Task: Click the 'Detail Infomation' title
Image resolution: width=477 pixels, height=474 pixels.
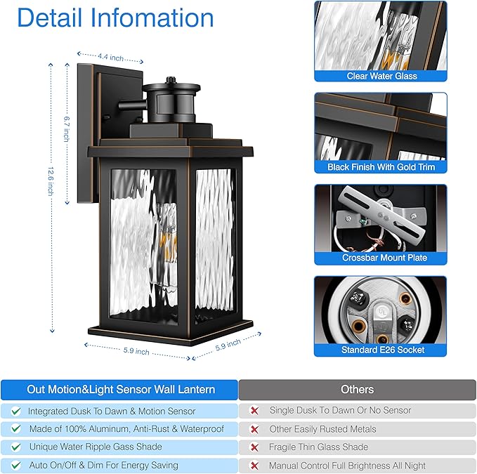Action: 115,18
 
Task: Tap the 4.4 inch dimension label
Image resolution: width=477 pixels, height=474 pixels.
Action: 110,55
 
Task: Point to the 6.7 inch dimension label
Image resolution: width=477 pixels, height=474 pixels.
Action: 66,129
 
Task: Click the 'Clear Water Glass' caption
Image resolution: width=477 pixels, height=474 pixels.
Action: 381,76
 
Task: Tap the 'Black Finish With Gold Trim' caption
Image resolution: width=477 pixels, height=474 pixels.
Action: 381,167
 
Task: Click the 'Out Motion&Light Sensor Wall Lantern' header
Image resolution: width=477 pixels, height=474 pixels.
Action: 121,389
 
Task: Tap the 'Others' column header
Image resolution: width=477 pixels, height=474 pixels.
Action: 357,389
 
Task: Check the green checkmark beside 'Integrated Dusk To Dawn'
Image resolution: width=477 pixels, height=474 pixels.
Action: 15,411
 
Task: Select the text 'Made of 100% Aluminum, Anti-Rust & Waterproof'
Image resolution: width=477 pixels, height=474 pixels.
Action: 126,429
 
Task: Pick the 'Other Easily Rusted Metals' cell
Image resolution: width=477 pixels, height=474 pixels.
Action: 322,429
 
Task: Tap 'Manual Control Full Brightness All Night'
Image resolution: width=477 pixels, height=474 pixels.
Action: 347,465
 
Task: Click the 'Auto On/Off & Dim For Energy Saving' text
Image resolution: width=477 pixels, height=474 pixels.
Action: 103,465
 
